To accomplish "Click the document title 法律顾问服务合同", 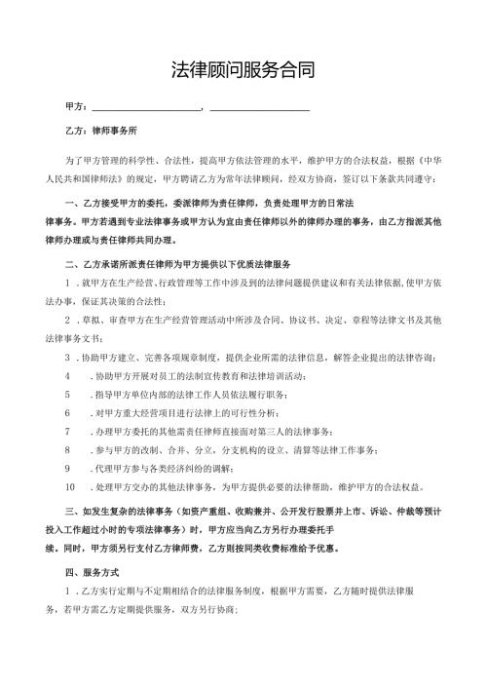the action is [x=243, y=71].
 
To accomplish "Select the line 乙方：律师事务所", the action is [x=101, y=130].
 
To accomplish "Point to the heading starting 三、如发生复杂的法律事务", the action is [x=146, y=510].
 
